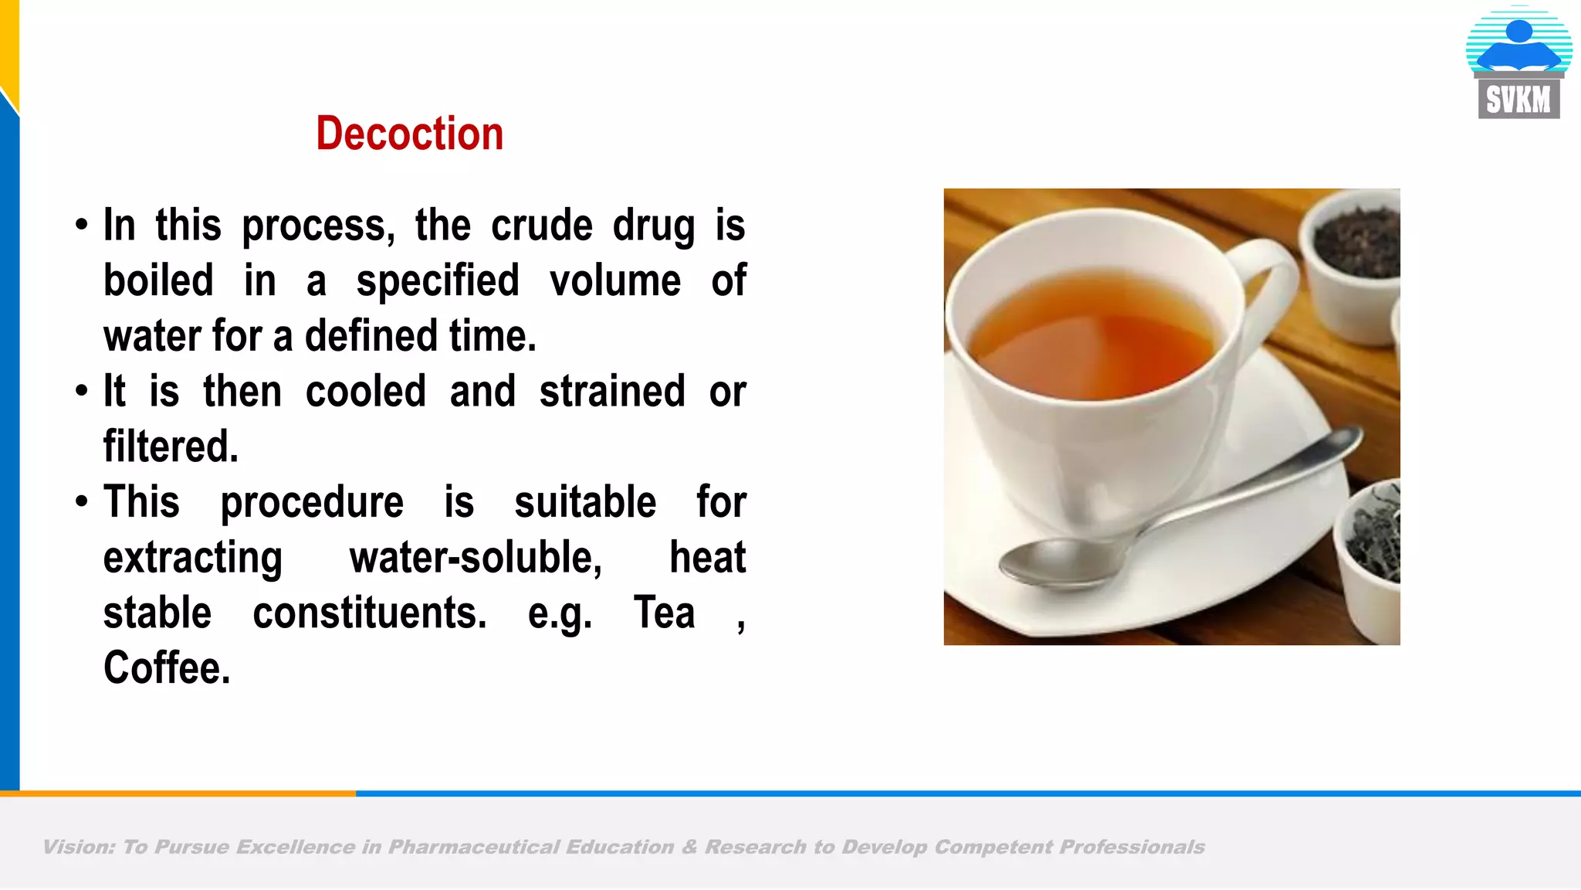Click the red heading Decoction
(409, 134)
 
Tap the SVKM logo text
(1518, 100)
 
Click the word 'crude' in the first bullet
(542, 226)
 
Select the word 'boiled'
(158, 280)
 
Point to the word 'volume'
(614, 280)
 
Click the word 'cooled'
(365, 392)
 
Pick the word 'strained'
(612, 392)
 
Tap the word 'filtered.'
(171, 447)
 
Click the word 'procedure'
(312, 502)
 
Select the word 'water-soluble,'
(476, 558)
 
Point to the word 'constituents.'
(370, 613)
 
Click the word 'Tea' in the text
(664, 613)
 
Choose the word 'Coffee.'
(167, 668)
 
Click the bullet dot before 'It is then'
(82, 391)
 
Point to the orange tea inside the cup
(1096, 340)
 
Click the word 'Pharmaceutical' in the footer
(473, 848)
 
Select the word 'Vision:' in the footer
(78, 848)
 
